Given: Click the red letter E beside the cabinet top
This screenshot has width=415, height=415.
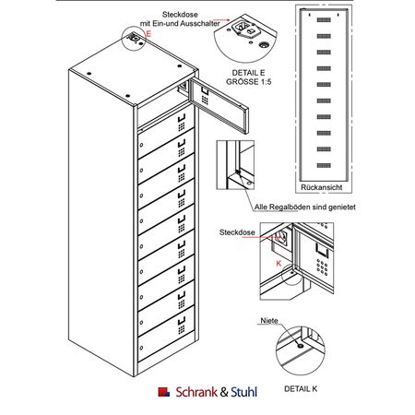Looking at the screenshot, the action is click(x=148, y=33).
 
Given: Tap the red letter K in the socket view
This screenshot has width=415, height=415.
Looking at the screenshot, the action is click(x=279, y=263).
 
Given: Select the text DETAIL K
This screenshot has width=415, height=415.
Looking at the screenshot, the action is click(x=301, y=389).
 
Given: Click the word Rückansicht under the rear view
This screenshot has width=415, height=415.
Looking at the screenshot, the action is click(x=321, y=187).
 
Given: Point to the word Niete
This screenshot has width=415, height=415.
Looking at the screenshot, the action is click(x=269, y=321).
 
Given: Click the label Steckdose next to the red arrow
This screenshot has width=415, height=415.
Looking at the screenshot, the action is click(x=237, y=232).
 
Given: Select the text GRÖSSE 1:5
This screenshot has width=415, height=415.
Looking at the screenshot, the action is click(x=249, y=82).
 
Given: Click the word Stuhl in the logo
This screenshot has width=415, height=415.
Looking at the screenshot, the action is click(x=243, y=392).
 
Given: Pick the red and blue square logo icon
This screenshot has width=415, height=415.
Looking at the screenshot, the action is click(x=163, y=392).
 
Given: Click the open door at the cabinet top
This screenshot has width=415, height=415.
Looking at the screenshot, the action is click(x=219, y=104).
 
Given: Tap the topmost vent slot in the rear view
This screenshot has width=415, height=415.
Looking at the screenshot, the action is click(x=324, y=20).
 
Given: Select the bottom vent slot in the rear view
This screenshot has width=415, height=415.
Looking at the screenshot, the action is click(x=324, y=165).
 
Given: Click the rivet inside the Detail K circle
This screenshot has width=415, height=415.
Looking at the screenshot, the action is click(x=301, y=346).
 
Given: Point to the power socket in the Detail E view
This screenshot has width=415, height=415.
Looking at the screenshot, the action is click(x=242, y=27).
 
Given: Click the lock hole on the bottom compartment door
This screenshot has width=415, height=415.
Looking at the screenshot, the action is click(x=141, y=348).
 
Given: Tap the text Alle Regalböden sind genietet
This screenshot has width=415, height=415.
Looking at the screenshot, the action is click(x=304, y=207).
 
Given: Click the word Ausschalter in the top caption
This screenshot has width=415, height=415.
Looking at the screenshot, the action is click(x=200, y=23).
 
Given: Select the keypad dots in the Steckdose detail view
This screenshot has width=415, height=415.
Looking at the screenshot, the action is click(x=322, y=267).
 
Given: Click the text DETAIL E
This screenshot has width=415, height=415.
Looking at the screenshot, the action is click(x=248, y=73).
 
